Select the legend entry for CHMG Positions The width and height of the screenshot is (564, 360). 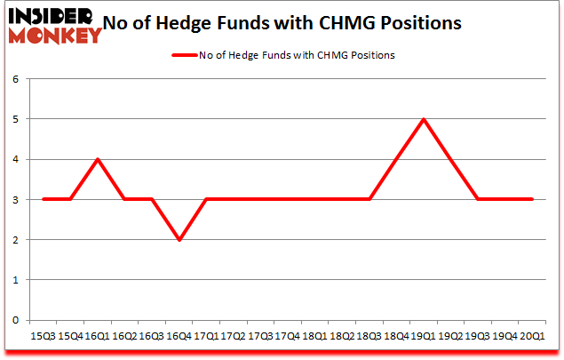click(x=283, y=55)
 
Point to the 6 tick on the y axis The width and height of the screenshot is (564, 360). click(x=14, y=79)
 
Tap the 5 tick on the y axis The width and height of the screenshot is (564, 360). click(x=14, y=119)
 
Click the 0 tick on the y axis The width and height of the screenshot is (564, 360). click(x=14, y=320)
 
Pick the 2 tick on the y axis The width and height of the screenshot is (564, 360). click(x=14, y=240)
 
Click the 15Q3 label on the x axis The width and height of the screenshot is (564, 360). click(x=43, y=336)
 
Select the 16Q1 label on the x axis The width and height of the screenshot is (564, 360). click(x=98, y=336)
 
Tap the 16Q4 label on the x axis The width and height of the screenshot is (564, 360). click(x=179, y=336)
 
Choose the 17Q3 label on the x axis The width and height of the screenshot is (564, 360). click(x=260, y=336)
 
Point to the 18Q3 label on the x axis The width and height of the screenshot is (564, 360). click(x=369, y=336)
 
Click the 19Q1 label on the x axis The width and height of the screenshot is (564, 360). click(x=424, y=336)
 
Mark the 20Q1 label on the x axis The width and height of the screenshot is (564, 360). click(x=532, y=336)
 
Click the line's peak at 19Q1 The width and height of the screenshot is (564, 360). click(x=424, y=119)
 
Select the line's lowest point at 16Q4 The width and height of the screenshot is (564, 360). click(x=179, y=239)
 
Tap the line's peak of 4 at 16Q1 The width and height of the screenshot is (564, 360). click(x=98, y=159)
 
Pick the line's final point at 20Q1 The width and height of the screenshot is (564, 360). click(x=532, y=199)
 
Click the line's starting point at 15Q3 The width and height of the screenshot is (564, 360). click(x=43, y=199)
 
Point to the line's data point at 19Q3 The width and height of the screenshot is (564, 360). click(x=478, y=199)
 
